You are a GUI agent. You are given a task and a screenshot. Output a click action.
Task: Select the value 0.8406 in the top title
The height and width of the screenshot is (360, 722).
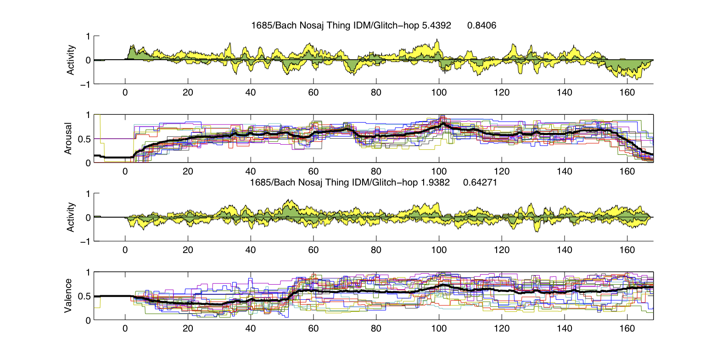(x=481, y=25)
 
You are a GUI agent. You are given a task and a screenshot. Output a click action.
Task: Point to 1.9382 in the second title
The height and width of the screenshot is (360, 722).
(x=435, y=182)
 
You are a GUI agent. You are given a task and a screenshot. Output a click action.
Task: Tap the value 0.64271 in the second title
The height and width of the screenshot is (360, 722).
(x=480, y=182)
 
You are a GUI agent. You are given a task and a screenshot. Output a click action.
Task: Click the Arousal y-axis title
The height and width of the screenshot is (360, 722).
(x=68, y=138)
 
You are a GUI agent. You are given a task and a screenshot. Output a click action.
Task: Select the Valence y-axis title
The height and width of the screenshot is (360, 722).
(x=68, y=296)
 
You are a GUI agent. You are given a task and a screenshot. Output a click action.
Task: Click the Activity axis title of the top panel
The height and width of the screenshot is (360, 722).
(x=71, y=60)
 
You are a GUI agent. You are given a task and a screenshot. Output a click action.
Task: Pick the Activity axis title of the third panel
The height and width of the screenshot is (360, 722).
(x=71, y=217)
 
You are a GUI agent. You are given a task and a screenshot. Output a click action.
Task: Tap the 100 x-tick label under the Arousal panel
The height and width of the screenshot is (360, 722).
(x=439, y=171)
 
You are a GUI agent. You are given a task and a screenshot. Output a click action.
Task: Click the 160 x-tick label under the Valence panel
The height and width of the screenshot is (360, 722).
(x=627, y=328)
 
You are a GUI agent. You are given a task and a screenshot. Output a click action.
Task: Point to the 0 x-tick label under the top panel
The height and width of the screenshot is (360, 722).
(x=125, y=92)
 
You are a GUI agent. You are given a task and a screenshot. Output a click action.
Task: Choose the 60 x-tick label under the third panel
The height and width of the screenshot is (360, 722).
(x=313, y=250)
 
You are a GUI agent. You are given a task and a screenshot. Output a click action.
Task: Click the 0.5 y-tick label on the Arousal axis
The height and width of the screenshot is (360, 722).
(x=84, y=139)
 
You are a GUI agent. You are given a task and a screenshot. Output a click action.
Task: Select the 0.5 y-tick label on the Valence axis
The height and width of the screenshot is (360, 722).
(x=84, y=297)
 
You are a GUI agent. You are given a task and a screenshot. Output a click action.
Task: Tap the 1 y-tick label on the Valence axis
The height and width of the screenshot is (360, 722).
(x=89, y=273)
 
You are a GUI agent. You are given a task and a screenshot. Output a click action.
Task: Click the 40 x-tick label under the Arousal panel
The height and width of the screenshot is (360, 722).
(x=251, y=171)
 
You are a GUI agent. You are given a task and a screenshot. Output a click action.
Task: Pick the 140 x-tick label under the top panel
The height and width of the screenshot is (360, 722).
(x=564, y=92)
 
